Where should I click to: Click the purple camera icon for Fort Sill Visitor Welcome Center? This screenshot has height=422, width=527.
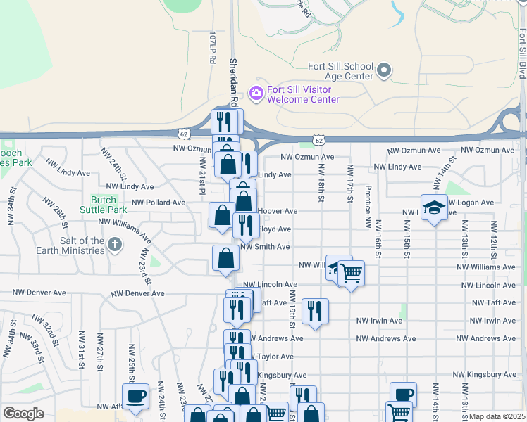pyautogui.click(x=256, y=92)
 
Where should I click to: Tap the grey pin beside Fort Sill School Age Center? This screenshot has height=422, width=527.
pyautogui.click(x=384, y=70)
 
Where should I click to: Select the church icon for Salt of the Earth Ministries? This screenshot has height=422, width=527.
pyautogui.click(x=116, y=245)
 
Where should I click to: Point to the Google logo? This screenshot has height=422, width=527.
pyautogui.click(x=23, y=414)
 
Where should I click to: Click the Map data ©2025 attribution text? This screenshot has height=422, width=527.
pyautogui.click(x=497, y=416)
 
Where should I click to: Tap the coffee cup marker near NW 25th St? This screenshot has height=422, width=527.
pyautogui.click(x=135, y=395)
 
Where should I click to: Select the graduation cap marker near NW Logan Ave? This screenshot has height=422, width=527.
pyautogui.click(x=434, y=207)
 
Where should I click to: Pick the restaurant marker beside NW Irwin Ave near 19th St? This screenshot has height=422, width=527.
pyautogui.click(x=315, y=310)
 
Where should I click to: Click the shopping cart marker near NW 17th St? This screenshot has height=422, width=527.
pyautogui.click(x=351, y=271)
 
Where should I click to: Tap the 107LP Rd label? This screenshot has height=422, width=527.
pyautogui.click(x=211, y=47)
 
